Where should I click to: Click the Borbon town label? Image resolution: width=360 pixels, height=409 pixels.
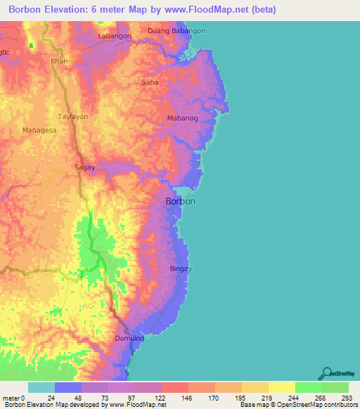(x=180, y=202)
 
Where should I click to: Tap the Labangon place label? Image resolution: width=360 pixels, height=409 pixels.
(x=115, y=35)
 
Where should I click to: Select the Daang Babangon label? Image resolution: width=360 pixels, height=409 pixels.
(x=177, y=31)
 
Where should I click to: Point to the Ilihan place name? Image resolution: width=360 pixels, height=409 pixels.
(x=59, y=61)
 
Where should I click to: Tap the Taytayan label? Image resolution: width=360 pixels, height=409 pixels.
(x=73, y=116)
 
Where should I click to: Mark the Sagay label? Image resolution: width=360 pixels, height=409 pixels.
(x=84, y=167)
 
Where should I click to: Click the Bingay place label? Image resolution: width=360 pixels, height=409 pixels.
(x=181, y=268)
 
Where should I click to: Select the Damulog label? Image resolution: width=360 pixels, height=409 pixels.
(x=129, y=338)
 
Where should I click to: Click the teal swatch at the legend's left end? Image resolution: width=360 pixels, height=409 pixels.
(x=41, y=387)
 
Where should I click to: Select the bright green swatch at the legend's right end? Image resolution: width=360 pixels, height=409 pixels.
(x=335, y=387)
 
